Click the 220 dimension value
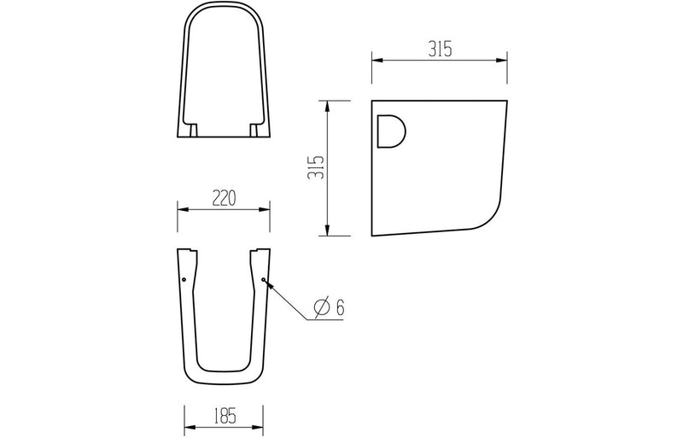pyautogui.click(x=224, y=198)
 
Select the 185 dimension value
pyautogui.click(x=224, y=417)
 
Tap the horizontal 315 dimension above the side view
pyautogui.click(x=439, y=50)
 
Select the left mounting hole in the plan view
pyautogui.click(x=184, y=278)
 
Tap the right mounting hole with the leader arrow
pyautogui.click(x=263, y=278)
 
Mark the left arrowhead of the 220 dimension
pyautogui.click(x=180, y=207)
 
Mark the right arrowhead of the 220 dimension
pyautogui.click(x=267, y=207)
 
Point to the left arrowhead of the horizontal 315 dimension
pyautogui.click(x=376, y=60)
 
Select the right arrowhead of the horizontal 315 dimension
pyautogui.click(x=503, y=60)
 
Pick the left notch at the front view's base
pyautogui.click(x=192, y=130)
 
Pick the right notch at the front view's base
pyautogui.click(x=255, y=130)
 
